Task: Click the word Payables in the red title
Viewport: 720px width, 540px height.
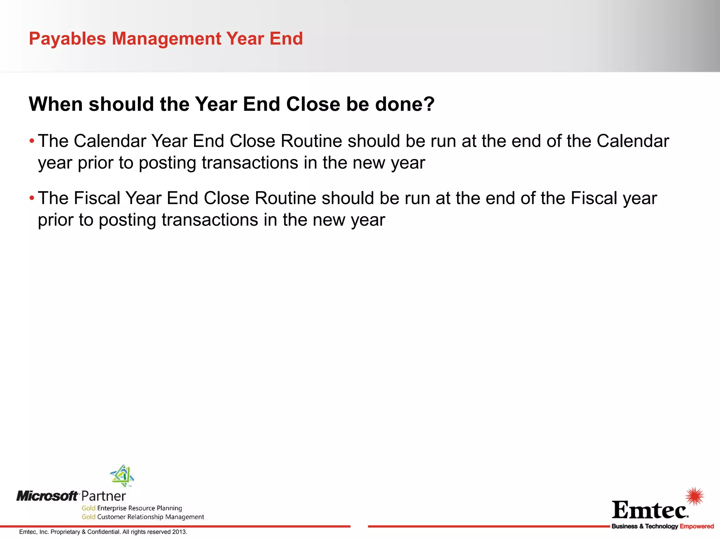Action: click(x=67, y=39)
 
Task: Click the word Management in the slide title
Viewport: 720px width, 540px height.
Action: click(x=166, y=39)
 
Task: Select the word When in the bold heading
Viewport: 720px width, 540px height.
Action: click(x=56, y=104)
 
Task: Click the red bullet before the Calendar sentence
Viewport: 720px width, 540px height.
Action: click(x=32, y=141)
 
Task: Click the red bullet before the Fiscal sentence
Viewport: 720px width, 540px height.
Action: click(x=32, y=198)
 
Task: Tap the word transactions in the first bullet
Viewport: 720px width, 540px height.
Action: click(x=250, y=163)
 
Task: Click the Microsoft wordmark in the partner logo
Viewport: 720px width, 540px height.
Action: click(x=47, y=496)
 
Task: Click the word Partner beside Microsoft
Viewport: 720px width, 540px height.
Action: click(x=104, y=496)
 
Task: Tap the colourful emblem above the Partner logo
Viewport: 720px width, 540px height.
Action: click(x=122, y=475)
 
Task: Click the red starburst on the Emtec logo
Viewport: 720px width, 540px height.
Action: click(x=695, y=496)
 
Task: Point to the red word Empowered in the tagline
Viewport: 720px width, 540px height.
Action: click(x=696, y=526)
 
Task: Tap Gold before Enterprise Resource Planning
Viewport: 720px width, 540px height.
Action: click(x=89, y=508)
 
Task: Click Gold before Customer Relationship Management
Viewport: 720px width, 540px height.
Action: click(x=89, y=517)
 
